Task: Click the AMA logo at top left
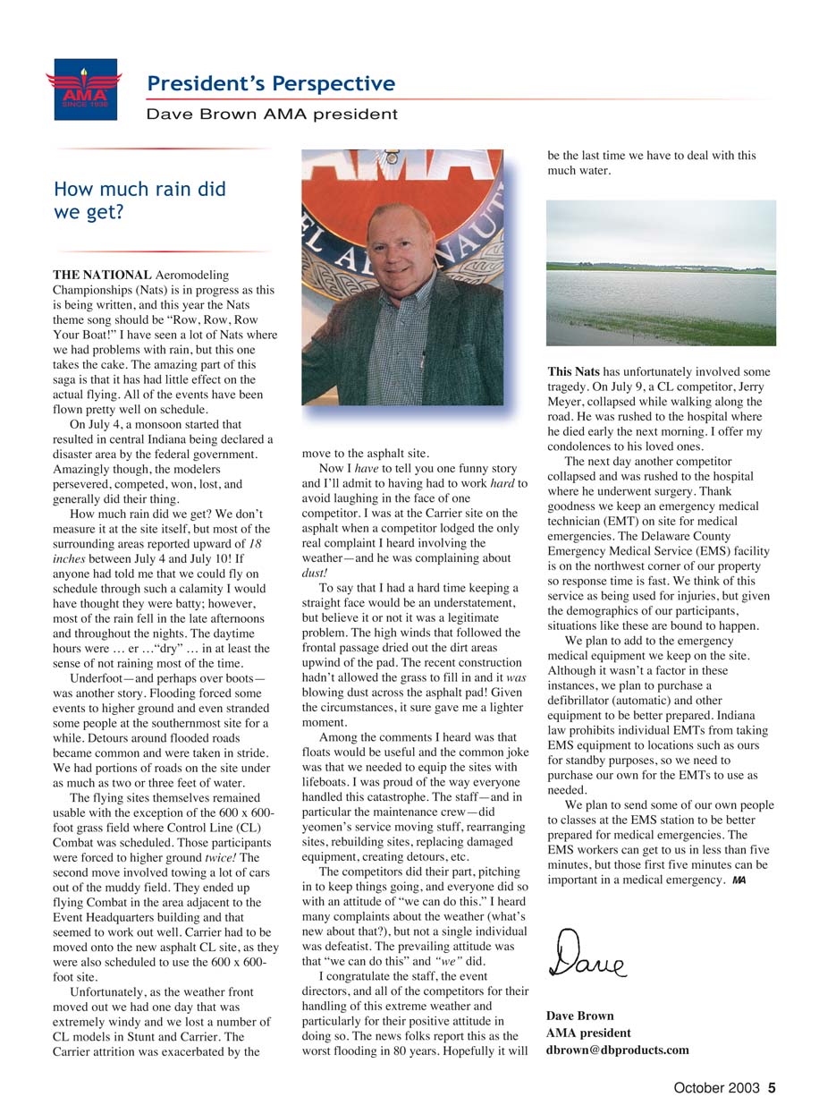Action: [83, 89]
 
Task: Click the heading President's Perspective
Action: [271, 84]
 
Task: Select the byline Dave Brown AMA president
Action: [272, 114]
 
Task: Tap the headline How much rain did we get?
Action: [139, 200]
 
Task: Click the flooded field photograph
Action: [661, 273]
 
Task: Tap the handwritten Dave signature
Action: [587, 955]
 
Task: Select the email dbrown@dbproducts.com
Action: [617, 1050]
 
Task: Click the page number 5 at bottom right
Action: [771, 1089]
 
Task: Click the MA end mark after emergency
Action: [738, 880]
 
